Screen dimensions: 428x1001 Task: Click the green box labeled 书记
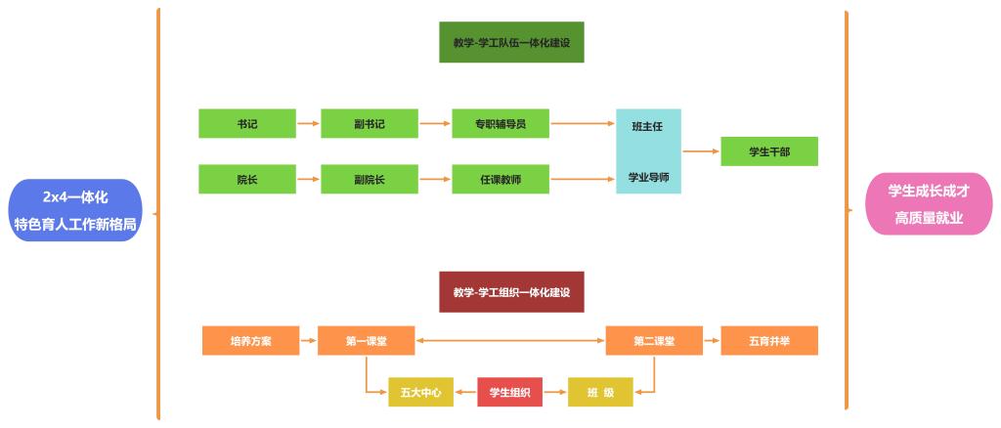pos(246,124)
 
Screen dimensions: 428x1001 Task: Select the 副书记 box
pos(370,124)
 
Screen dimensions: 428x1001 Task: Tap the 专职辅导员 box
pos(500,124)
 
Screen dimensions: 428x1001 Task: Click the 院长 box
pos(246,180)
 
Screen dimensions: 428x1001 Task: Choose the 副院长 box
pos(370,180)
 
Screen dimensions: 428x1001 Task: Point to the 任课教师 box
pos(500,180)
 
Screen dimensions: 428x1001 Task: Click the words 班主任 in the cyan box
pos(648,126)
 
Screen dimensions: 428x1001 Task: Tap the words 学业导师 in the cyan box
pos(648,179)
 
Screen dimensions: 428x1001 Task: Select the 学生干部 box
pos(768,151)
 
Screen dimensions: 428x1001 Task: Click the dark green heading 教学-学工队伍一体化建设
pos(511,43)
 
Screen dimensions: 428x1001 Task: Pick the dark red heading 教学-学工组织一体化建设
pos(511,292)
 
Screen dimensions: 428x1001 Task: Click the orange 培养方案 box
pos(250,341)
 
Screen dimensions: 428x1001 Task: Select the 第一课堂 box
pos(366,341)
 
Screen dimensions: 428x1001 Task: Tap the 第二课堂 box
pos(653,341)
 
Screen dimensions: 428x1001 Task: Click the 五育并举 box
pos(768,341)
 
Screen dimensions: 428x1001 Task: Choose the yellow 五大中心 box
pos(420,393)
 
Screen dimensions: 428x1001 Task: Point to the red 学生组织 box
pos(509,393)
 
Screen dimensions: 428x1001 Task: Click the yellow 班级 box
pos(600,393)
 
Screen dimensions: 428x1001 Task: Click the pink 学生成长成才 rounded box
pos(928,204)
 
